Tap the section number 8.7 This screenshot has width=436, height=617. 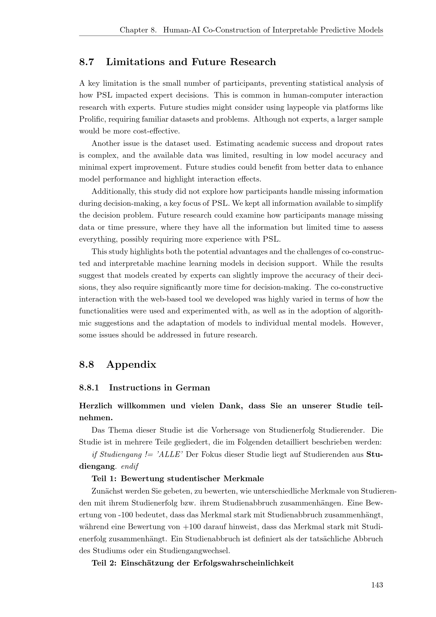(x=86, y=62)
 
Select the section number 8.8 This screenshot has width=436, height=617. (x=86, y=365)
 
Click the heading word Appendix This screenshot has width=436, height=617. (x=131, y=365)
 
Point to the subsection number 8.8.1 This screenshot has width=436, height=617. (x=89, y=388)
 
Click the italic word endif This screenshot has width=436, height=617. (x=130, y=467)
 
